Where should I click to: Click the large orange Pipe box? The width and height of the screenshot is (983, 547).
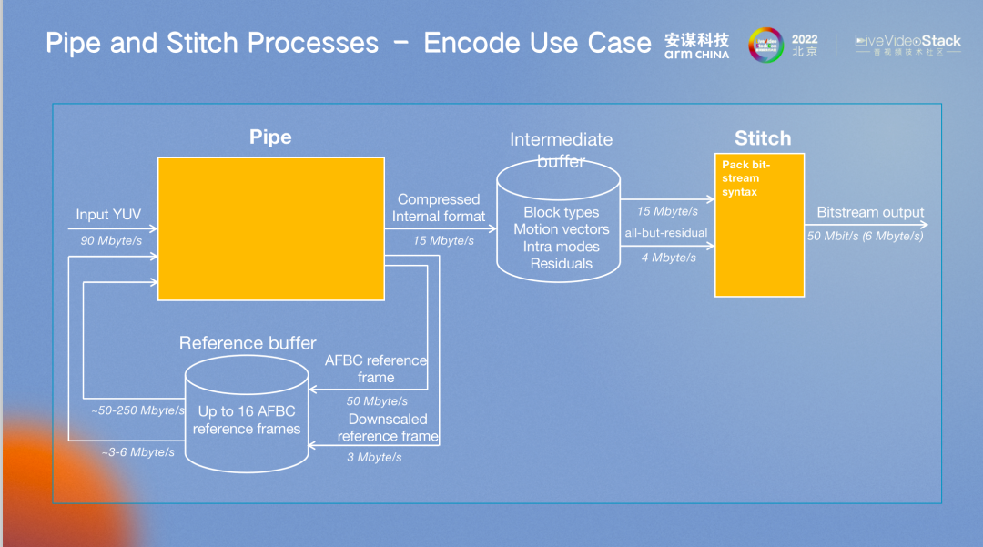[270, 228]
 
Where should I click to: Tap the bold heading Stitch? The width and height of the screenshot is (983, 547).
[763, 138]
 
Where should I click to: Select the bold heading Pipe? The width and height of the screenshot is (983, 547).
[270, 137]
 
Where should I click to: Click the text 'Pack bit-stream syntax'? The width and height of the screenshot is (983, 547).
[745, 178]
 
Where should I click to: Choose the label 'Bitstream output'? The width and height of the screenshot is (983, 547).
[870, 212]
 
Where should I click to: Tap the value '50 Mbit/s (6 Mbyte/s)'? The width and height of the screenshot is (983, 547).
[866, 236]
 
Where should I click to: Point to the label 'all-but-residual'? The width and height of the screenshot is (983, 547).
[666, 233]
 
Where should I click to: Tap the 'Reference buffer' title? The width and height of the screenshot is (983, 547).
[248, 343]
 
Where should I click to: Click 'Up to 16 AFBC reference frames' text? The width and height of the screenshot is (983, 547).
[247, 420]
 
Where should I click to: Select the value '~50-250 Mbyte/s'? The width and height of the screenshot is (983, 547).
[138, 410]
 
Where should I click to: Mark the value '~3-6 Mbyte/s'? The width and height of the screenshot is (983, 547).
[138, 452]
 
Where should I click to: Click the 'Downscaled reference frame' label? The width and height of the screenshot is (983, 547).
[388, 428]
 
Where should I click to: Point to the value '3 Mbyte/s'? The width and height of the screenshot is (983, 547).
[374, 457]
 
